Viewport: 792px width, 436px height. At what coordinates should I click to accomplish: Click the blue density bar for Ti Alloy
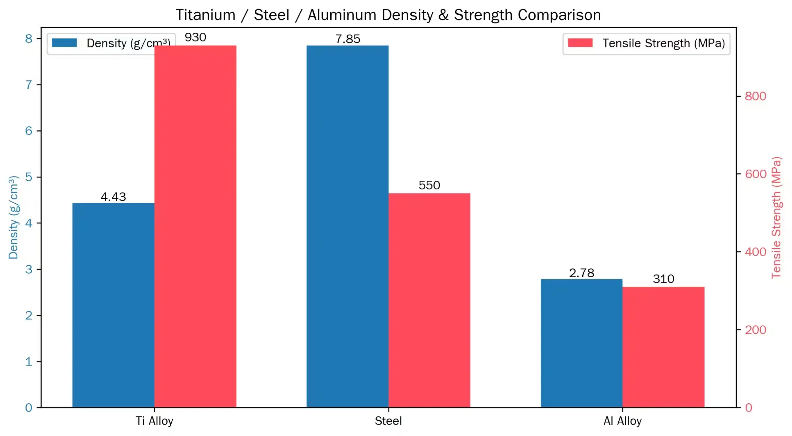(113, 305)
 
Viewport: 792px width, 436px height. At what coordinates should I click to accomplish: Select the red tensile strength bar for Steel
(429, 300)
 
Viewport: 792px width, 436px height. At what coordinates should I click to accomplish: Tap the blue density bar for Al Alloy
(581, 343)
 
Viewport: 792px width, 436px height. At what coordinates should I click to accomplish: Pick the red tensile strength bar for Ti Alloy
(195, 226)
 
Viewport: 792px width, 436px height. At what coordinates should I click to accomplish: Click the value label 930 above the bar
(195, 37)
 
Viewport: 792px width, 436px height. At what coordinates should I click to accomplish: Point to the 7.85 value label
(347, 39)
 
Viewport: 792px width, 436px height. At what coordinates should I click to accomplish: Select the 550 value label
(429, 185)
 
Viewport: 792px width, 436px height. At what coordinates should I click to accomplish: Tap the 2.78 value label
(581, 273)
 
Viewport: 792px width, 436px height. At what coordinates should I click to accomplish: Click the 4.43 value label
(113, 197)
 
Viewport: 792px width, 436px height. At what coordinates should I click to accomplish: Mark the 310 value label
(663, 279)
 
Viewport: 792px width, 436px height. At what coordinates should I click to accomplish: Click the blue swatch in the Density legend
(64, 43)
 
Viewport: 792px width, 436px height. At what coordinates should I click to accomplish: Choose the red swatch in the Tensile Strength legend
(580, 43)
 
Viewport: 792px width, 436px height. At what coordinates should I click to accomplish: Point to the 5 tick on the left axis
(29, 177)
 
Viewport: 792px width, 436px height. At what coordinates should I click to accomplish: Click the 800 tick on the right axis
(755, 96)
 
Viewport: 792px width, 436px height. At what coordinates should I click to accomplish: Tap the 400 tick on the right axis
(755, 252)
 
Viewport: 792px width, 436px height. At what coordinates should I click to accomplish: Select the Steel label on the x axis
(388, 421)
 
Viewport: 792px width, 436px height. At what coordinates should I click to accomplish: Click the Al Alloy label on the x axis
(622, 421)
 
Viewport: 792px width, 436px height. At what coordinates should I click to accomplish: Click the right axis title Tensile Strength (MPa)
(776, 217)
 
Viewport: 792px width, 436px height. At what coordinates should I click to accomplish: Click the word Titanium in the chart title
(205, 15)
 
